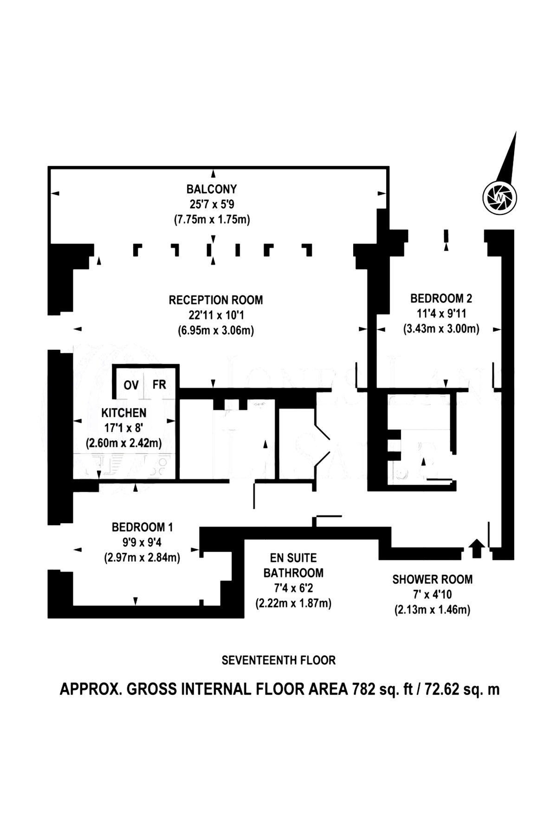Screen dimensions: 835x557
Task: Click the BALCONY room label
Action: pos(212,189)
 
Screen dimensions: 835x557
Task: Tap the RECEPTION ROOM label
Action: pos(215,300)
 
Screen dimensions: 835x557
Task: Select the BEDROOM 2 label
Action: pos(441,298)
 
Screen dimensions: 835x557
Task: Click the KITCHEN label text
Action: pos(124,412)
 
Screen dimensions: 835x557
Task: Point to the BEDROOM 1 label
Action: pos(142,527)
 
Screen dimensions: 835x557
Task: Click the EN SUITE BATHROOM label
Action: pos(293,565)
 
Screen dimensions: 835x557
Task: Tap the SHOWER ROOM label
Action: pos(432,579)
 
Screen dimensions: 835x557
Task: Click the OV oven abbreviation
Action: pos(131,385)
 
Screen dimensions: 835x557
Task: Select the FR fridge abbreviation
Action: pos(159,385)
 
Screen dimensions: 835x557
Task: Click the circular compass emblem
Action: pos(499,198)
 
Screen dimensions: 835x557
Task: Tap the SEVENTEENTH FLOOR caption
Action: pos(278,660)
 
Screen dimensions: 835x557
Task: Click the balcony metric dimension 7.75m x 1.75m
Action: pos(212,219)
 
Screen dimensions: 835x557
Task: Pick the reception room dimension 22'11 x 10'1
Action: pos(216,315)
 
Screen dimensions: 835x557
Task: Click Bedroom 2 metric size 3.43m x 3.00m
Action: pos(441,329)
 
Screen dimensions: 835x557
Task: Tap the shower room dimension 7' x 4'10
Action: pos(432,595)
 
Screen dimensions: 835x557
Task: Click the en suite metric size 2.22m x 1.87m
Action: pos(293,603)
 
